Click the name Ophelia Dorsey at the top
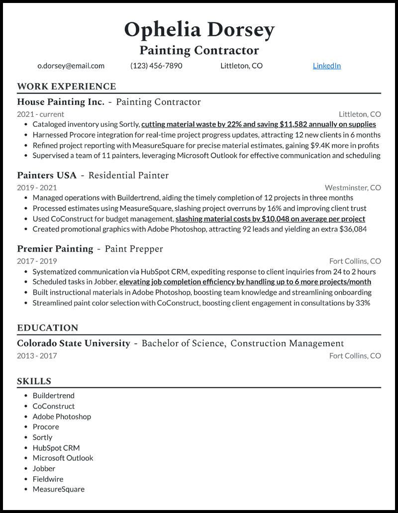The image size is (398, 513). [199, 30]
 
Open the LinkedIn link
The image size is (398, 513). [326, 66]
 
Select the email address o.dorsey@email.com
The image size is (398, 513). [71, 66]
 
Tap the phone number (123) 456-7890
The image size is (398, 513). [156, 66]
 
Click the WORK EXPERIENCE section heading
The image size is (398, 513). [66, 86]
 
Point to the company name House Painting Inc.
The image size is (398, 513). [61, 102]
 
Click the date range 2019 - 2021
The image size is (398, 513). [37, 187]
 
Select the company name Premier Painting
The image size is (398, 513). [55, 249]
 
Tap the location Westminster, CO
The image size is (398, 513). [353, 187]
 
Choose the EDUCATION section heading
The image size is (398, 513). [47, 328]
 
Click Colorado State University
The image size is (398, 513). [74, 343]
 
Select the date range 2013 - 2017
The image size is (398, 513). [37, 355]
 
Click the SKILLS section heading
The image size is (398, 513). [34, 382]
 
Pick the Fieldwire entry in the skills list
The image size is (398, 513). [48, 479]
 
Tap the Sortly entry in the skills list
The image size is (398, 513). [42, 437]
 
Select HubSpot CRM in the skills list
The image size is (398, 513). [56, 447]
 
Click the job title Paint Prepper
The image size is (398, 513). [134, 249]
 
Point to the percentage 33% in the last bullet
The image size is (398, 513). [363, 303]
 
